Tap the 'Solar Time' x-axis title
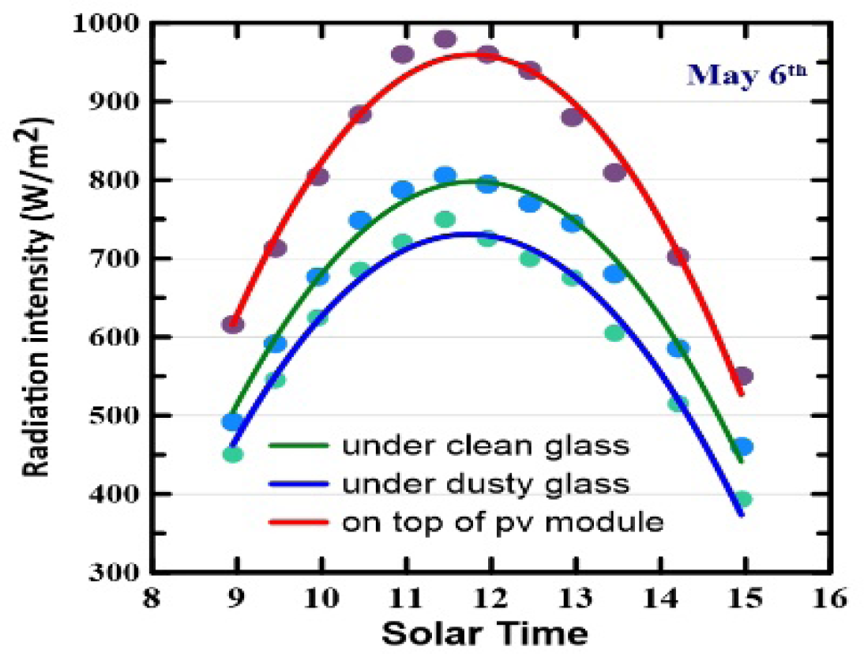[484, 632]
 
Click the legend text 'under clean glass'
[486, 445]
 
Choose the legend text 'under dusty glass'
[486, 483]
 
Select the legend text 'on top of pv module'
[502, 521]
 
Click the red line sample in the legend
[299, 522]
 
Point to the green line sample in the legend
[299, 445]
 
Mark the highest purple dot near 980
[445, 39]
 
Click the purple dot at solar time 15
[743, 376]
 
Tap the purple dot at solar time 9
[233, 324]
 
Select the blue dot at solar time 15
[743, 447]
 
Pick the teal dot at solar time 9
[233, 454]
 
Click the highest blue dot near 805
[445, 175]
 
